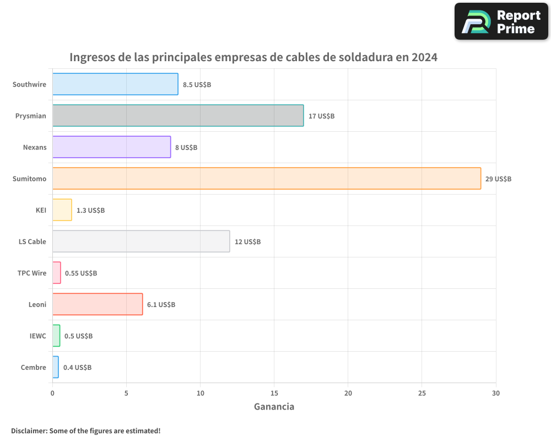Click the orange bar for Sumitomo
(x=267, y=179)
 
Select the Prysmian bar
(x=178, y=116)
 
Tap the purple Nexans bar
(x=111, y=147)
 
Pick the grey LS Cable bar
(x=141, y=241)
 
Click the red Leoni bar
(x=98, y=304)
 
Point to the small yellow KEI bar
(x=62, y=210)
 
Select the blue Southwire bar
(x=115, y=84)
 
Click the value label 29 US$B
(x=498, y=179)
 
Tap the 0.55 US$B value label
(x=81, y=273)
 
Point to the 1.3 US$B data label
(x=90, y=210)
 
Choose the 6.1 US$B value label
(x=161, y=304)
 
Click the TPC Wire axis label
(x=32, y=273)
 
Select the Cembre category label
(x=34, y=367)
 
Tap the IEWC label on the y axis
(x=38, y=336)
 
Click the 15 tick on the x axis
(x=274, y=393)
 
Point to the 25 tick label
(x=422, y=393)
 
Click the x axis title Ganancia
(x=274, y=407)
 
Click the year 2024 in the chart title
(x=424, y=57)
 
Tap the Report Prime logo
(x=501, y=21)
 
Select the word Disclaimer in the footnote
(x=28, y=431)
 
